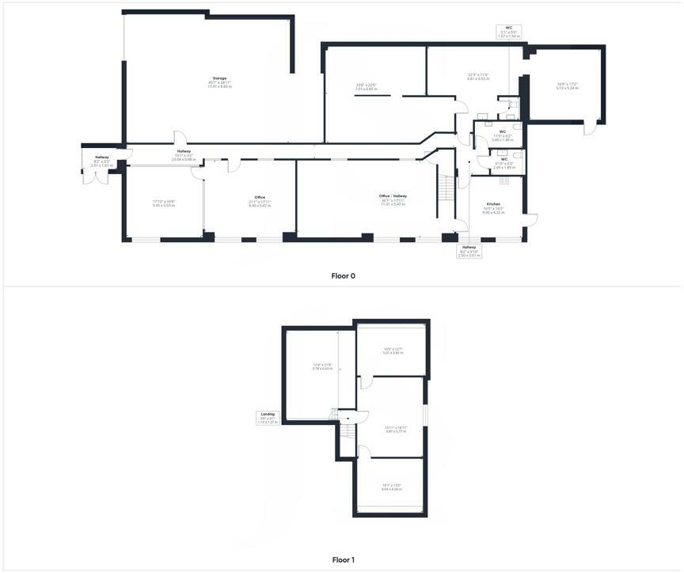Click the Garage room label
coord(219,78)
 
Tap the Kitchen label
coord(492,204)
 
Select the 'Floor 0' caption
coord(343,276)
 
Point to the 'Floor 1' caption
coord(343,560)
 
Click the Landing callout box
coord(268,417)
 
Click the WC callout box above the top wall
coord(508,32)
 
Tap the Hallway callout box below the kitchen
coord(469,251)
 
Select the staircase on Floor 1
coord(346,432)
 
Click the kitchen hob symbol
coord(504,181)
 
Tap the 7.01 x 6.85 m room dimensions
coord(365,87)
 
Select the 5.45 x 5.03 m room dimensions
coord(163,204)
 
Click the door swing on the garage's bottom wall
coord(180,137)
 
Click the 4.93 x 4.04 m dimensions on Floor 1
coord(391,488)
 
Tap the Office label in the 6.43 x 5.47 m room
coord(260,197)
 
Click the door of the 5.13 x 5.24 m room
coord(588,129)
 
